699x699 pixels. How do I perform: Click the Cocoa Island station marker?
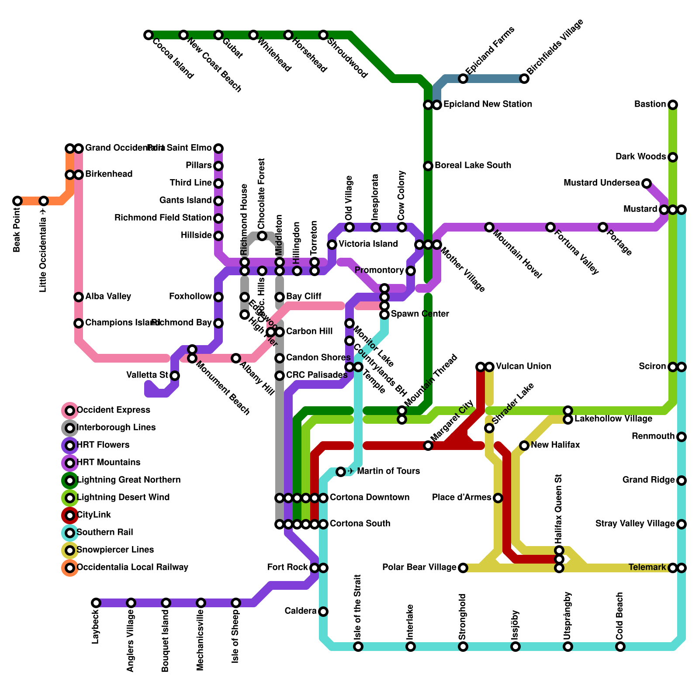tap(149, 35)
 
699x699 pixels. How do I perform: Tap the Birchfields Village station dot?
tap(524, 79)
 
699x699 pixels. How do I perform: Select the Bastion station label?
tap(650, 104)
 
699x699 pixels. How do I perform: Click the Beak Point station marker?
tap(17, 201)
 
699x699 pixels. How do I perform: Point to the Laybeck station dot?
tap(96, 603)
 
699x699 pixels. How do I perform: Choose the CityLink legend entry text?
tap(94, 515)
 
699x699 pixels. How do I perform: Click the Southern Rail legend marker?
tap(70, 533)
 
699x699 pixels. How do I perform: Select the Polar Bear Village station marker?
tap(463, 568)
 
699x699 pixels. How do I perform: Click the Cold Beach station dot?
tap(620, 647)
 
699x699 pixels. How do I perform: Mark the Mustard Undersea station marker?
tap(647, 183)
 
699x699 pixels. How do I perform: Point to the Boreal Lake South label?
tap(473, 166)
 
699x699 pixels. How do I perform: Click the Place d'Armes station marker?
tap(498, 498)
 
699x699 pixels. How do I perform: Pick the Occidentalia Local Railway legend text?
tap(132, 568)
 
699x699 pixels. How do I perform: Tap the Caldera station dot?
tap(323, 612)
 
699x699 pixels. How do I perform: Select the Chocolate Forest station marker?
tap(262, 236)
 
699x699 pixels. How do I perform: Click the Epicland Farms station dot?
tap(463, 79)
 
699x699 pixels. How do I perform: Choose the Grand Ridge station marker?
tap(682, 481)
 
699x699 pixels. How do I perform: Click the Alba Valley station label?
tap(108, 297)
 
